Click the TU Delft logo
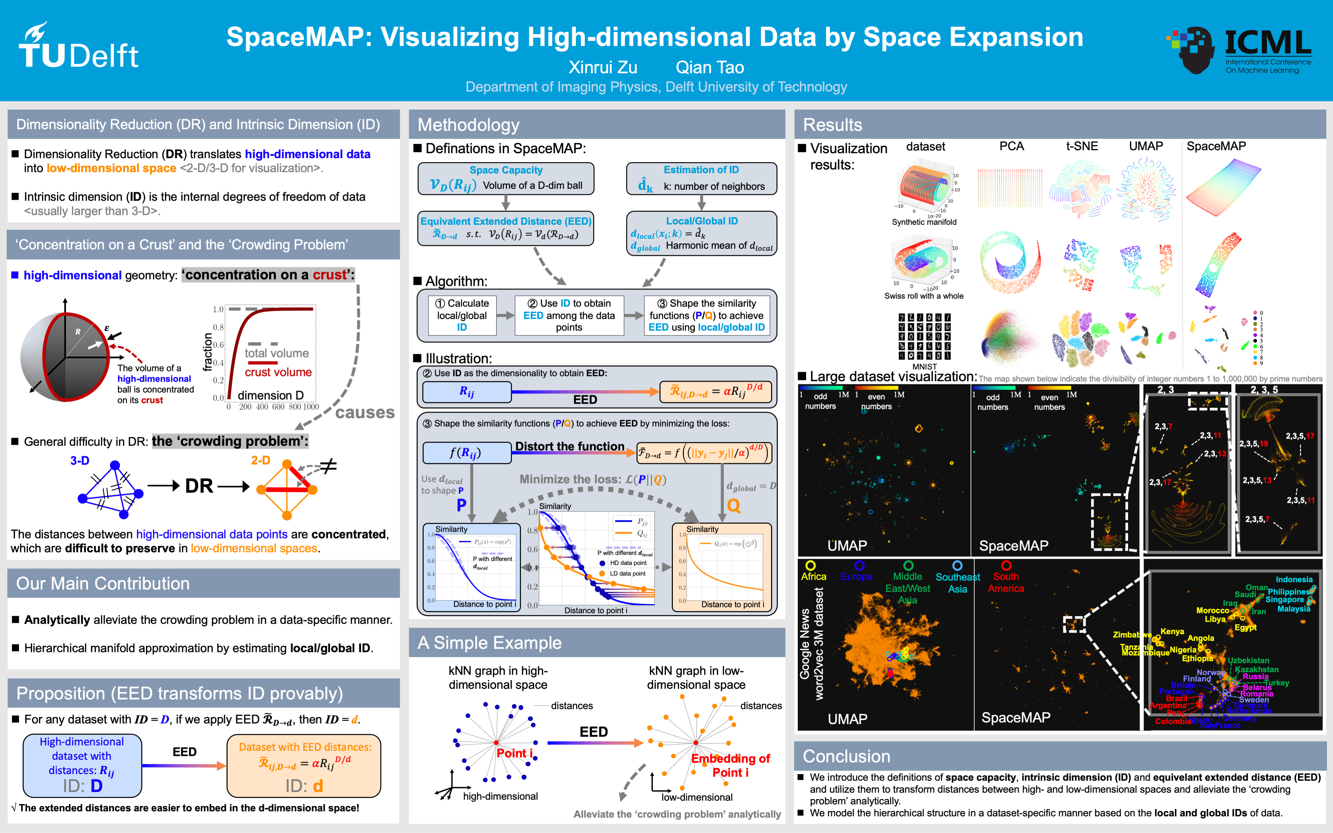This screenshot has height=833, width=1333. tap(78, 47)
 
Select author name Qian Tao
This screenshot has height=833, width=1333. tap(710, 67)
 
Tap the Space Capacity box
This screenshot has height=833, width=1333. tap(506, 179)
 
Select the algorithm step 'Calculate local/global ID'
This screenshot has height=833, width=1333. tap(462, 315)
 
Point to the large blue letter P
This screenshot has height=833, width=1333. tap(461, 505)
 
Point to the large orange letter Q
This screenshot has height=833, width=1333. tap(733, 505)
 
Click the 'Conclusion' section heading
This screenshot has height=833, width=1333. tap(846, 756)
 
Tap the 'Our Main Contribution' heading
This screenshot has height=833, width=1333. tap(103, 584)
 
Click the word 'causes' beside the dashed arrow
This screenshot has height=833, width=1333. tap(365, 413)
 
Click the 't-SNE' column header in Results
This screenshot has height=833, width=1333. tap(1082, 146)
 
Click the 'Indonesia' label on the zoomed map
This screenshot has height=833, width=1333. tap(1294, 580)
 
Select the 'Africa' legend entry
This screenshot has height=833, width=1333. tap(813, 576)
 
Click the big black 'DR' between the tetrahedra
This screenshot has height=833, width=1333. tap(199, 486)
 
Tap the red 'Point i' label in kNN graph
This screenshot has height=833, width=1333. tap(514, 753)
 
